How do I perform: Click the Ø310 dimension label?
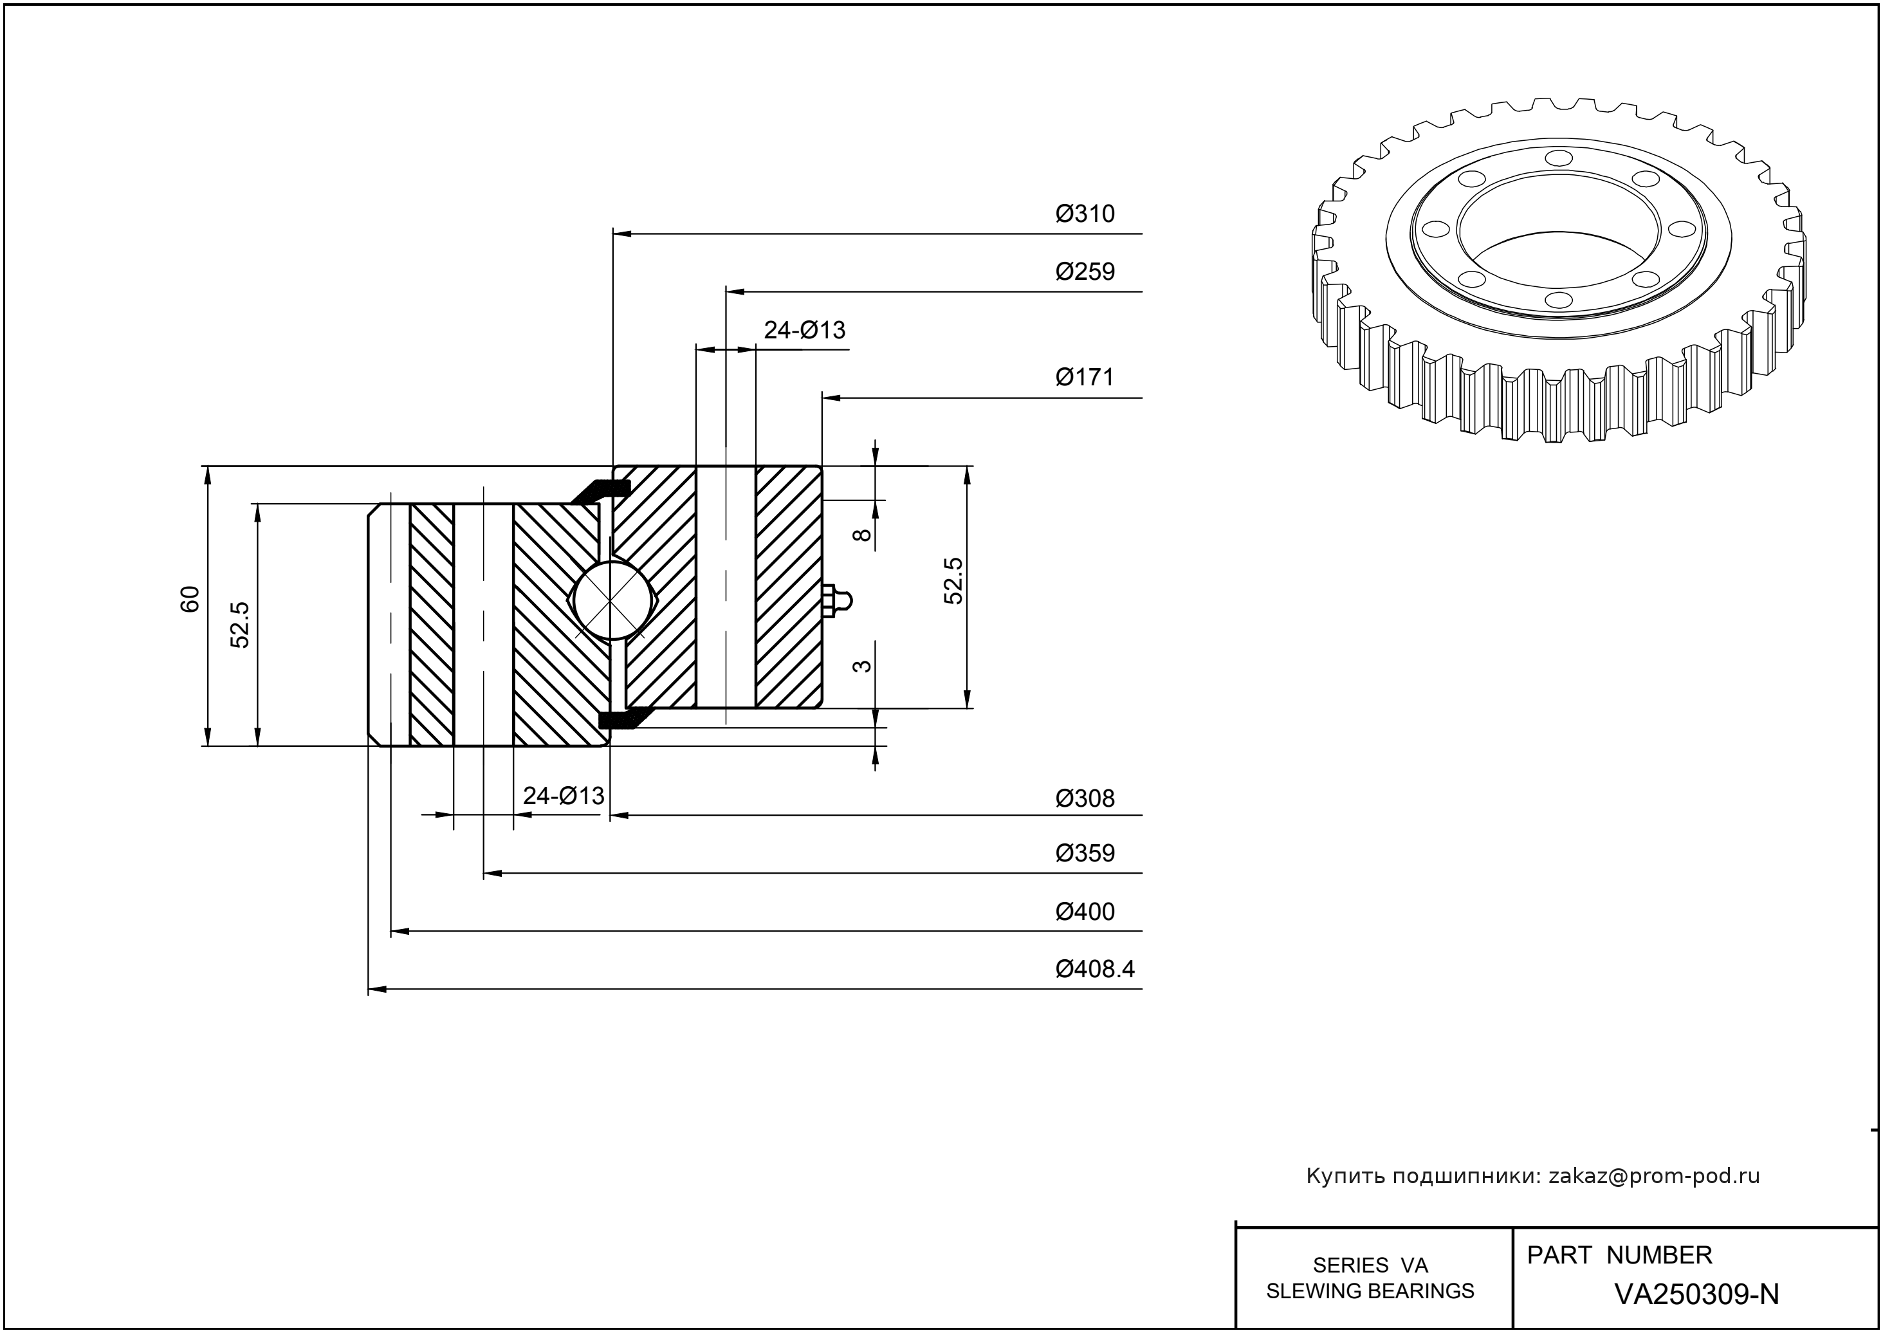[1085, 214]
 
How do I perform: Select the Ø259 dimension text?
[1085, 271]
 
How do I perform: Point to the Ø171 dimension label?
[1085, 378]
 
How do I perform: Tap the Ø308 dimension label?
[1085, 798]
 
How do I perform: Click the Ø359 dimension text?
[1085, 854]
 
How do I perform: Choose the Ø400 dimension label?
[1085, 912]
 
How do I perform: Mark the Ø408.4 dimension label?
[1095, 970]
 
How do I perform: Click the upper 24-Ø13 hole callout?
[804, 330]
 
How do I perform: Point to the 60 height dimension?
[190, 599]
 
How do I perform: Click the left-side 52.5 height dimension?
[240, 625]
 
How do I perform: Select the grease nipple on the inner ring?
[836, 600]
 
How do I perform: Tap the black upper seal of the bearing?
[602, 490]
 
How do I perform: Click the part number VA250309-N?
[1696, 1294]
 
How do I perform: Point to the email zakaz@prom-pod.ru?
[1653, 1176]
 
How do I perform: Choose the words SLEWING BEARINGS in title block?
[1370, 1291]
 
